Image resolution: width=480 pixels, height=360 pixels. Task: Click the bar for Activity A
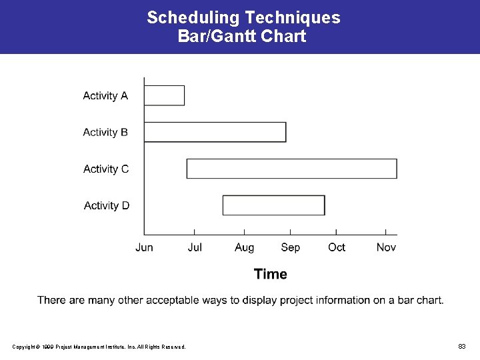164,95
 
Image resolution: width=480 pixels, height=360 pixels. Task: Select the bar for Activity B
215,132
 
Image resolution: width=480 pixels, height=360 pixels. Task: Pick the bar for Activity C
291,169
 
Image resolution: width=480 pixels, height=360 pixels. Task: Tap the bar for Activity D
273,205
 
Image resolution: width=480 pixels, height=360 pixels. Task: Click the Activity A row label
105,96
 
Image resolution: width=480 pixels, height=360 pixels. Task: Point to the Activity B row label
105,133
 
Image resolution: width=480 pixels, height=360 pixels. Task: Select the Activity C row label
106,169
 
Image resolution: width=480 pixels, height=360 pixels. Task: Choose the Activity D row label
107,205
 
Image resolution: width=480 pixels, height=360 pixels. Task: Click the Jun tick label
144,247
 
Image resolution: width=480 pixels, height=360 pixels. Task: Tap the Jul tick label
195,247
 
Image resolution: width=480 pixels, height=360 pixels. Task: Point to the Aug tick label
244,247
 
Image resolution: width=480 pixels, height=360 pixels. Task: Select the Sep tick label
290,247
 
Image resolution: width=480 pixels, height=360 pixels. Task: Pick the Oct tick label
337,247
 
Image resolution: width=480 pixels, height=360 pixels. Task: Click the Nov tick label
386,247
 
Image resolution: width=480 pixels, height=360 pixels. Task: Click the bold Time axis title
271,274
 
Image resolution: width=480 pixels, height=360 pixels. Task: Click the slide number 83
461,346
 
